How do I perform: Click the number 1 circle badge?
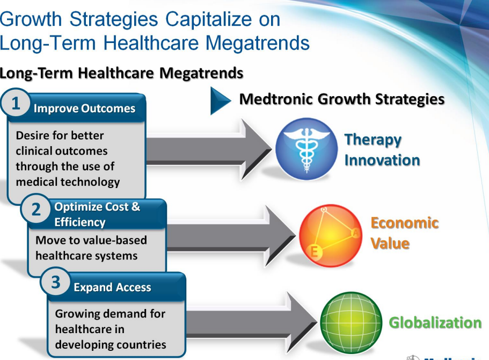15,103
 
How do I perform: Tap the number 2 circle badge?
35,209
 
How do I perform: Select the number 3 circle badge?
55,282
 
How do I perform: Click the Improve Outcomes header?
84,109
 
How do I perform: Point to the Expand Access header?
112,287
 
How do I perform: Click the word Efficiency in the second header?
80,222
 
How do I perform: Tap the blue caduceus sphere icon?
306,149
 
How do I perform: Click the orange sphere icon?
331,236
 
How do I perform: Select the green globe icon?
351,322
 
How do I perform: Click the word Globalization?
435,322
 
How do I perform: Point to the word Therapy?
373,140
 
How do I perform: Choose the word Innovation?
382,160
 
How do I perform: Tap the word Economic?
405,223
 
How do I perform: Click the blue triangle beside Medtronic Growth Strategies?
219,100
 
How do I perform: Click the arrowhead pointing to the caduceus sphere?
256,149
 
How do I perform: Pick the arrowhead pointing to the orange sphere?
280,236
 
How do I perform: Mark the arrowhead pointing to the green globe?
302,322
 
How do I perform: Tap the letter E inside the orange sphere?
315,251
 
